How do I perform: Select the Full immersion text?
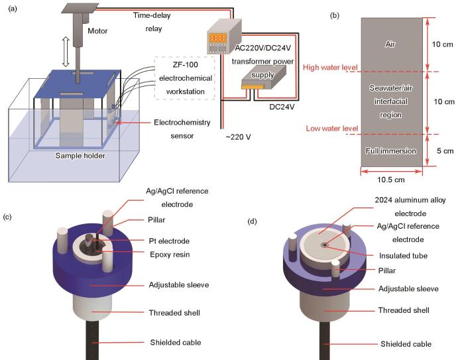tap(392, 151)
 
